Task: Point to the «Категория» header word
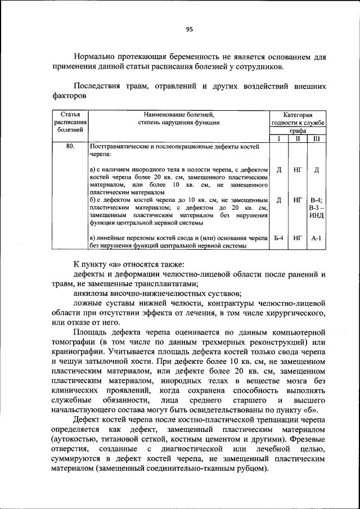298,114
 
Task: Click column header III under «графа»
316,138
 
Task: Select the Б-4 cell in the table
278,238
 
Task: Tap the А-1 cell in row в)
316,238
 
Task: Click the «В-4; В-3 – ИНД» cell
316,208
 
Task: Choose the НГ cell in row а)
298,169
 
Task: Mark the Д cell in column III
316,169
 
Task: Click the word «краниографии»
76,352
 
